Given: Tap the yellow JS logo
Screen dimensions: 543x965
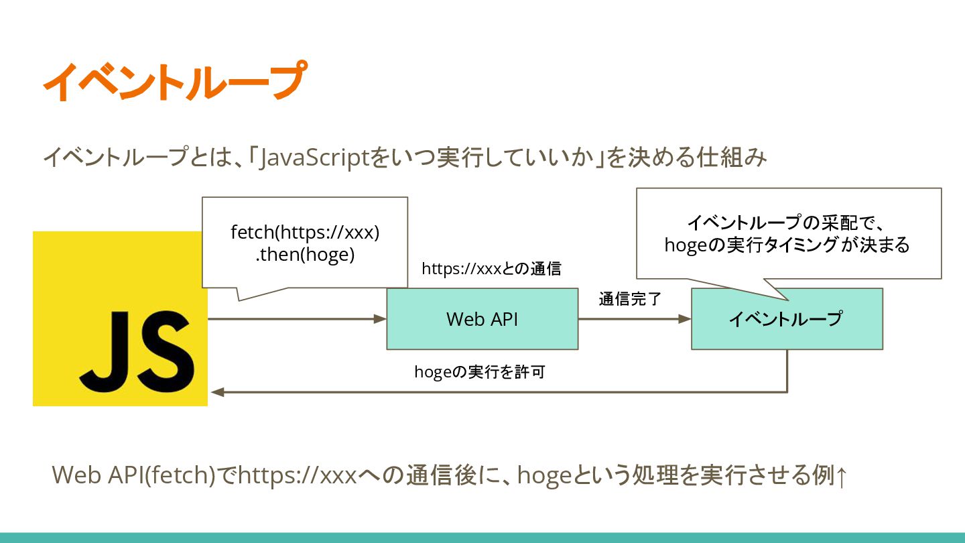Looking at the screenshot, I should click(120, 318).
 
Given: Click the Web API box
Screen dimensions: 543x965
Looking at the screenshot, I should click(482, 319).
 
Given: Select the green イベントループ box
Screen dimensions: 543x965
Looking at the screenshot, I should click(786, 319).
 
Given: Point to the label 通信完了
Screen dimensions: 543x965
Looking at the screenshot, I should click(630, 299).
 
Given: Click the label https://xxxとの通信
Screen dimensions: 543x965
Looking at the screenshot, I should click(491, 269).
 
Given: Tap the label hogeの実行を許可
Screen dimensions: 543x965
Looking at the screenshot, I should click(479, 372).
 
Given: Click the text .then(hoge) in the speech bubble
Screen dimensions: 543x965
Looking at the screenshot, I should click(305, 255).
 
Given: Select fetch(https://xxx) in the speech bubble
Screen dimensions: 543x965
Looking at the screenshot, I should click(305, 233).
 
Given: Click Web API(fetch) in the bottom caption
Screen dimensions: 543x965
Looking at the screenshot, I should click(134, 475).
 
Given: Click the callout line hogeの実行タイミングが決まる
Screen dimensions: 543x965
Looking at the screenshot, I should click(787, 245).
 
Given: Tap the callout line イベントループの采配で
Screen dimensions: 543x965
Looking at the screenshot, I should click(777, 221).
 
